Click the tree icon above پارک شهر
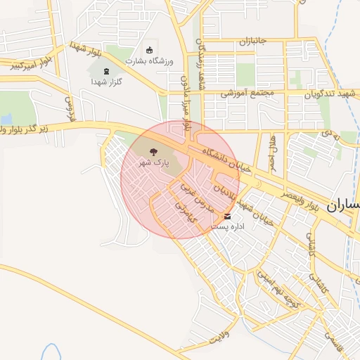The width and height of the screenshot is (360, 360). [154, 150]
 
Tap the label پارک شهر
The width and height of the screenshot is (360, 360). [157, 162]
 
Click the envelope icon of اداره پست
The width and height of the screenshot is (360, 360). [227, 217]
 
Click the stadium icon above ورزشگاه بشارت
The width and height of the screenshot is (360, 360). [148, 49]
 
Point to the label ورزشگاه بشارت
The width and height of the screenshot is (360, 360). [148, 60]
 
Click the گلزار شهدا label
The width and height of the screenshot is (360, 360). [106, 82]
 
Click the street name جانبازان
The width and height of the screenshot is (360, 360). [254, 41]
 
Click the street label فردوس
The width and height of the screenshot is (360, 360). [70, 105]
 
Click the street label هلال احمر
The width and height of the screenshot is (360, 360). [273, 155]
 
